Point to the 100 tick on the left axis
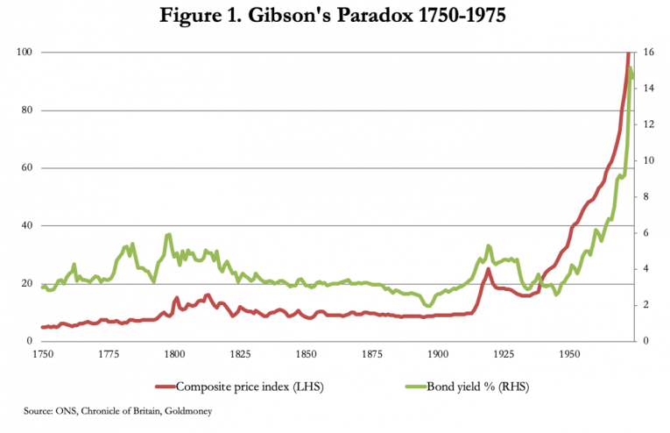click(x=25, y=53)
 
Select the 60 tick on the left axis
click(x=27, y=168)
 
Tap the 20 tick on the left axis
click(x=27, y=284)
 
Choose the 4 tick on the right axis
click(x=644, y=269)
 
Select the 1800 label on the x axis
click(x=173, y=355)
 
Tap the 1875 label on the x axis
click(x=371, y=355)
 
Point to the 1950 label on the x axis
click(x=569, y=355)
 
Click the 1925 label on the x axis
click(x=504, y=355)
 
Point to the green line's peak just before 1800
click(x=168, y=234)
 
